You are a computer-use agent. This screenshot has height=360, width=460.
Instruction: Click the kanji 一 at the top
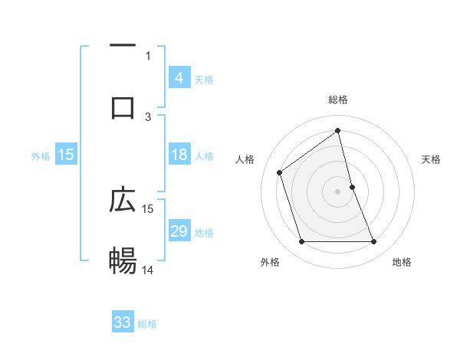pyautogui.click(x=123, y=46)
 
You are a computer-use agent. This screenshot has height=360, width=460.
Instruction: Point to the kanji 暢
pyautogui.click(x=123, y=261)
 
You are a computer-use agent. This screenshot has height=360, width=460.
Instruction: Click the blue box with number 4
pyautogui.click(x=179, y=77)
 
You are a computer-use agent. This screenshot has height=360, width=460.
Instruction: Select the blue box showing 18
pyautogui.click(x=179, y=155)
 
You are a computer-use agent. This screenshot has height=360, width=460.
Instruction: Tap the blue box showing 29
pyautogui.click(x=179, y=231)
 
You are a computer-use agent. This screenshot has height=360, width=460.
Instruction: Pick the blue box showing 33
pyautogui.click(x=123, y=322)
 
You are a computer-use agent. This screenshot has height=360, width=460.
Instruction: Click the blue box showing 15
pyautogui.click(x=66, y=155)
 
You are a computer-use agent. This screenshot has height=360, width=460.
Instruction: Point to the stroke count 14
pyautogui.click(x=148, y=270)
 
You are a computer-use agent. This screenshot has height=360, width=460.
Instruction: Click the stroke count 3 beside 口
pyautogui.click(x=148, y=116)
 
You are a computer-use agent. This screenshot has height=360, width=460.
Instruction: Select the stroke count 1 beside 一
pyautogui.click(x=148, y=55)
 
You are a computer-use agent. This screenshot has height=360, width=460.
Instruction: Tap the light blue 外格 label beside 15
pyautogui.click(x=41, y=155)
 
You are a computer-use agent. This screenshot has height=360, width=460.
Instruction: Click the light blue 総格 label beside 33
pyautogui.click(x=147, y=324)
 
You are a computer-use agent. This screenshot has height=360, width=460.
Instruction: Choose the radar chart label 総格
pyautogui.click(x=338, y=100)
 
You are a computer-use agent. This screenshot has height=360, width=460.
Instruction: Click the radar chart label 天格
pyautogui.click(x=432, y=159)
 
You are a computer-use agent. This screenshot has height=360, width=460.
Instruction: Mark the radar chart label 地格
pyautogui.click(x=402, y=263)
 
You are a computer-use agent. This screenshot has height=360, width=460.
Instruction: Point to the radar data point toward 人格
pyautogui.click(x=280, y=172)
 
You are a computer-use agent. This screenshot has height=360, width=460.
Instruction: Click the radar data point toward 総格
pyautogui.click(x=338, y=130)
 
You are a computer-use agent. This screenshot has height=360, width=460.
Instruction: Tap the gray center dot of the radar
pyautogui.click(x=338, y=191)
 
